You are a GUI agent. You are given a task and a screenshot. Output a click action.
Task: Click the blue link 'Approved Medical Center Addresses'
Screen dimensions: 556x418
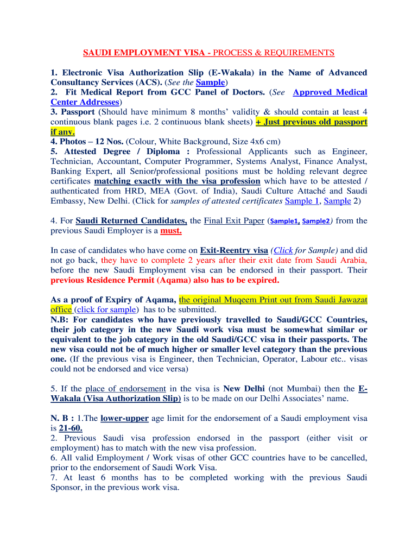coord(330,92)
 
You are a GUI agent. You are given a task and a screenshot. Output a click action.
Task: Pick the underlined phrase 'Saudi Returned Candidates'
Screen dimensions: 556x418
coord(131,220)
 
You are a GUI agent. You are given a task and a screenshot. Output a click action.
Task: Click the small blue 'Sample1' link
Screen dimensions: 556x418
coord(284,221)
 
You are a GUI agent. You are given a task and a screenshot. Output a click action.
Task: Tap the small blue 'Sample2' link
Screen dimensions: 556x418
coord(316,221)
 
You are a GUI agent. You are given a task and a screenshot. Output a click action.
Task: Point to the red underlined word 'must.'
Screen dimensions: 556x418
coord(171,230)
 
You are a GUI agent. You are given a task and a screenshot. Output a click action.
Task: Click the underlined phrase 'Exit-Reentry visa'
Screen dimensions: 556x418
coord(234,250)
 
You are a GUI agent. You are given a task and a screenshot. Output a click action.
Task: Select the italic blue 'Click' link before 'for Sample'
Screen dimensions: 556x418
coord(283,250)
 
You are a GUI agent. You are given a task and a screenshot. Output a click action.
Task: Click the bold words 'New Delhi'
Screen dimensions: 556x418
coord(244,389)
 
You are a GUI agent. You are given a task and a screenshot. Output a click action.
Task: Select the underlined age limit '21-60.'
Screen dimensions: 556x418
coord(71,428)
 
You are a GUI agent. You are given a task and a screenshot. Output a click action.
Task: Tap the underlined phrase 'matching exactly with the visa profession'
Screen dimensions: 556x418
coord(177,181)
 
